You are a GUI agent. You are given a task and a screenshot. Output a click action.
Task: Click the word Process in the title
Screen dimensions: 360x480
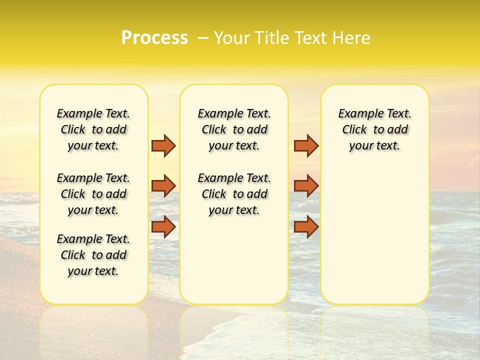pyautogui.click(x=154, y=38)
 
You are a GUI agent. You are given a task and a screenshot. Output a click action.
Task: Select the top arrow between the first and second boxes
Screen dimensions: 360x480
pyautogui.click(x=163, y=145)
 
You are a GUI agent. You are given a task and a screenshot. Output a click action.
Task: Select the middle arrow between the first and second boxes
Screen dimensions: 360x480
pyautogui.click(x=163, y=186)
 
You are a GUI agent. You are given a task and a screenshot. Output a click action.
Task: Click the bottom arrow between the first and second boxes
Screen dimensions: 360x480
pyautogui.click(x=163, y=226)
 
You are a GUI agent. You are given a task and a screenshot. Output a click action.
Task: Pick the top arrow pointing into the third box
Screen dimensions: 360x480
pyautogui.click(x=306, y=145)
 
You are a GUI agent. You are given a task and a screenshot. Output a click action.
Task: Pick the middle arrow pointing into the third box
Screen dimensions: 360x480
pyautogui.click(x=306, y=186)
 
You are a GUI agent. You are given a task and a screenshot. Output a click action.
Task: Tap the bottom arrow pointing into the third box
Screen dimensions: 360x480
pyautogui.click(x=306, y=226)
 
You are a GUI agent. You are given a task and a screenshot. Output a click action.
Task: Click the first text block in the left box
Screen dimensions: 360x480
pyautogui.click(x=93, y=129)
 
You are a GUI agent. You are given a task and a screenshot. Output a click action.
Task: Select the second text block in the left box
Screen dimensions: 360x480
pyautogui.click(x=93, y=194)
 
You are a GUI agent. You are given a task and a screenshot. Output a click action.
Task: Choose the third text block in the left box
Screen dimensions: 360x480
pyautogui.click(x=93, y=255)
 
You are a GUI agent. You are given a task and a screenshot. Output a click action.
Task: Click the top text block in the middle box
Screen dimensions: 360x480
pyautogui.click(x=234, y=129)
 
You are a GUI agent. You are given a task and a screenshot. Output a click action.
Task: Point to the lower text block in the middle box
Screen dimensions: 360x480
pyautogui.click(x=234, y=194)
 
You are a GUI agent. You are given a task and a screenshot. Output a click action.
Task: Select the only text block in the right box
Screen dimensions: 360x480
pyautogui.click(x=374, y=129)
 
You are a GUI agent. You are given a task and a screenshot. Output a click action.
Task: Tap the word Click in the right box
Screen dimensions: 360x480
pyautogui.click(x=354, y=130)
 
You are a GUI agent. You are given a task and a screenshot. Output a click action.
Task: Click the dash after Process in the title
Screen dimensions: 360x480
pyautogui.click(x=203, y=38)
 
